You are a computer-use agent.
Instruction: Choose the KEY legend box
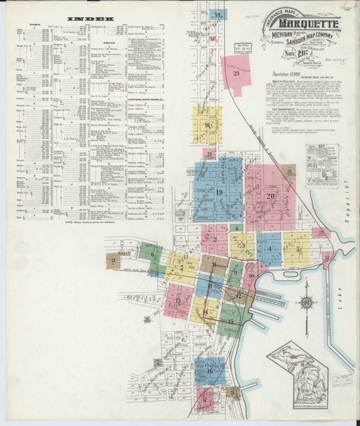[x=322, y=166]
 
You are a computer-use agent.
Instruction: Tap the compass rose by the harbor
[x=307, y=302]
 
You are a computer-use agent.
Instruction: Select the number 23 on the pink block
[x=236, y=72]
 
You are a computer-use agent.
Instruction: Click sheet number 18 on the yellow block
[x=207, y=126]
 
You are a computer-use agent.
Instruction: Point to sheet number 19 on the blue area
[x=219, y=192]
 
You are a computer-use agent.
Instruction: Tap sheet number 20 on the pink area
[x=270, y=197]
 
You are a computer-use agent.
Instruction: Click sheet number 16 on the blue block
[x=211, y=371]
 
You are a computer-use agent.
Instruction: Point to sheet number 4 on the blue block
[x=270, y=248]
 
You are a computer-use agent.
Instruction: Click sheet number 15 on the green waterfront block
[x=231, y=321]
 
